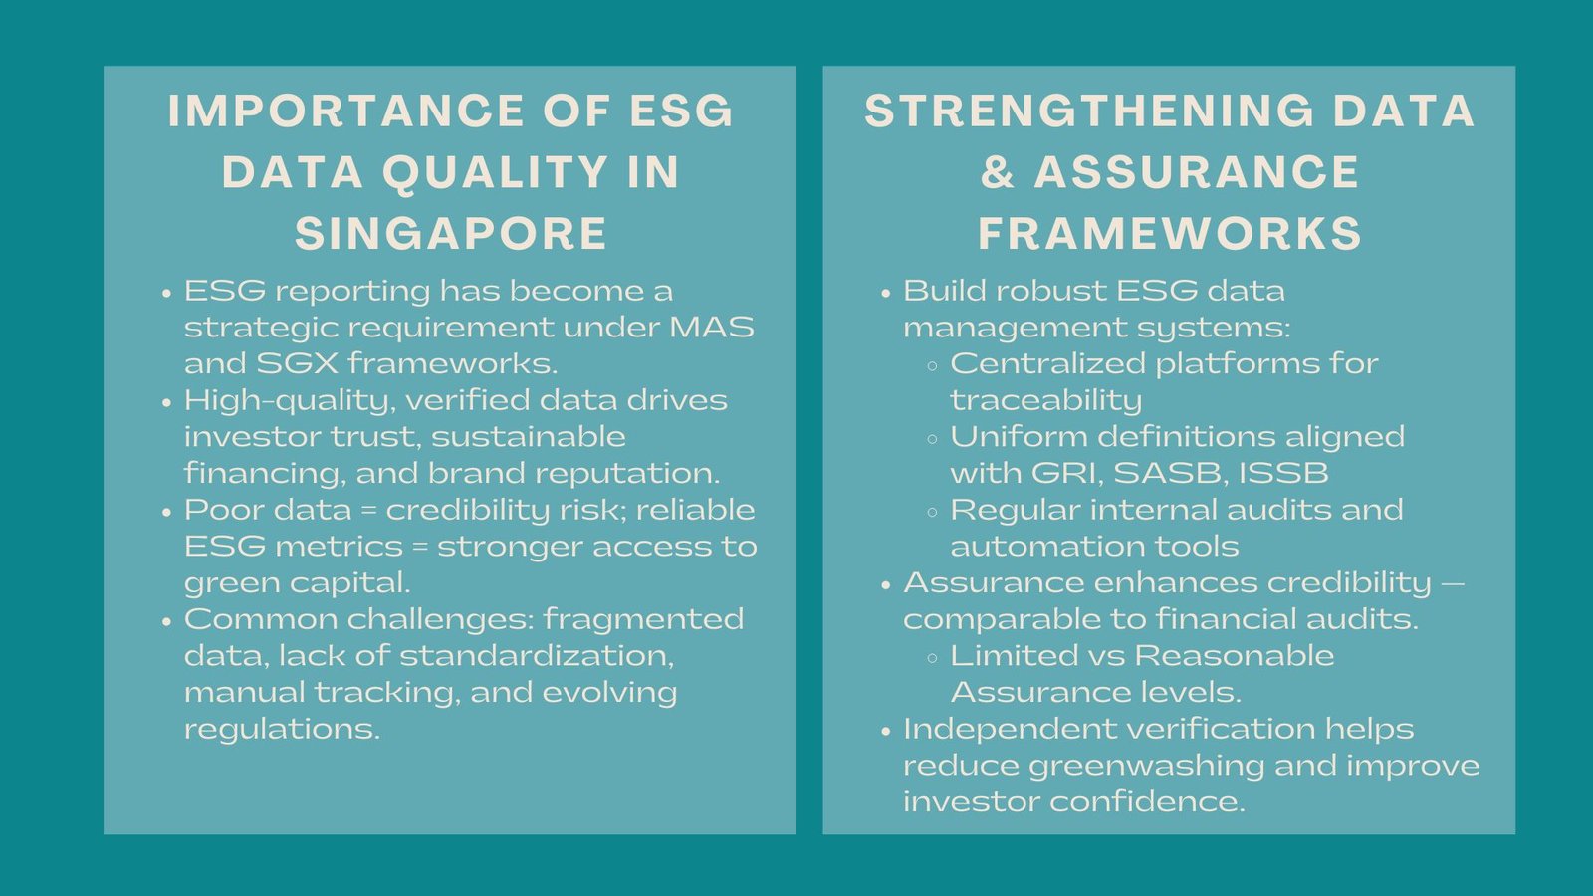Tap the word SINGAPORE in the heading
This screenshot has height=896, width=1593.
click(x=451, y=234)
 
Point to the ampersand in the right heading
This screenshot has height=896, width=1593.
click(x=998, y=172)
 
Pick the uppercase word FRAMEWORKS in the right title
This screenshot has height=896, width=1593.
click(x=1170, y=234)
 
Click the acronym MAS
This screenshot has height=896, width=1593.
click(x=712, y=328)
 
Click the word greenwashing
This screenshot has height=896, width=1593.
click(x=1146, y=766)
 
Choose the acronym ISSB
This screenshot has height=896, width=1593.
click(x=1283, y=473)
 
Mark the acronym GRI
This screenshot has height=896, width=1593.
click(x=1067, y=474)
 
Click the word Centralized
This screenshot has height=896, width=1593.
click(x=1047, y=363)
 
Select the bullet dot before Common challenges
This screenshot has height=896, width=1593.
click(x=167, y=621)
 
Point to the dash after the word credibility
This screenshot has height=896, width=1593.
click(x=1453, y=584)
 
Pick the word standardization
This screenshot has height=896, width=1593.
click(x=537, y=656)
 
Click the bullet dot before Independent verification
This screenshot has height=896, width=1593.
click(x=885, y=731)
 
